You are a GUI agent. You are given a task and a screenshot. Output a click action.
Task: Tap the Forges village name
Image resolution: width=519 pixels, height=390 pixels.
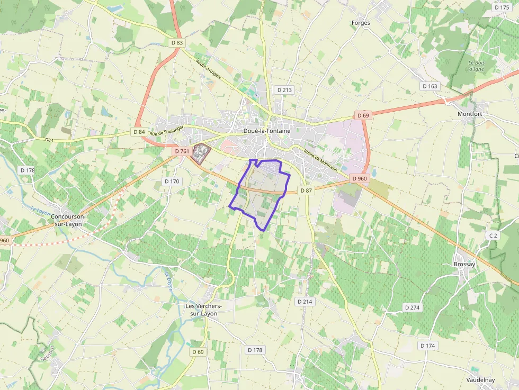(361, 23)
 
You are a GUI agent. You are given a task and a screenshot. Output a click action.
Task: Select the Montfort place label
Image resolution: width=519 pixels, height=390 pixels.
(470, 114)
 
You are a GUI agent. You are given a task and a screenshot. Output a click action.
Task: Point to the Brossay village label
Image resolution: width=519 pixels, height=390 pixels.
(464, 264)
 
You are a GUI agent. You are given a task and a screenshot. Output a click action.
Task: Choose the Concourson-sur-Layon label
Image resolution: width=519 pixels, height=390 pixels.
(70, 220)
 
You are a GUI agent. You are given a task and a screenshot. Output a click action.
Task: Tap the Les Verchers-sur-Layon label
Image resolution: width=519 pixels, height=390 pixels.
(203, 310)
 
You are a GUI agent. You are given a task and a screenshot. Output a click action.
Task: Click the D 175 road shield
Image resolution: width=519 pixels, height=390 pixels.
(501, 7)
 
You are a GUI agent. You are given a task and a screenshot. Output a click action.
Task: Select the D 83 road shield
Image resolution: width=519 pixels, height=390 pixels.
(177, 42)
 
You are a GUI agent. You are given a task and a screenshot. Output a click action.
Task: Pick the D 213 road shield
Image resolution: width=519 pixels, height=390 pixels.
(284, 90)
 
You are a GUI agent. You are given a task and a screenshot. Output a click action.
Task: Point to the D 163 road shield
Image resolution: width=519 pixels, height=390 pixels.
(430, 86)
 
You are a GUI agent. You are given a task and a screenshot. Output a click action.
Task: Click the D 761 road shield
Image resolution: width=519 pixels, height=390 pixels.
(182, 151)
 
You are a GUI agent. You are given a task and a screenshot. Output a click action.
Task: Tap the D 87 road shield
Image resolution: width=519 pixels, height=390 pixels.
(306, 190)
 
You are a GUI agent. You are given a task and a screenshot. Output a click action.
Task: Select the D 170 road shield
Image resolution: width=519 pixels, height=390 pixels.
(172, 181)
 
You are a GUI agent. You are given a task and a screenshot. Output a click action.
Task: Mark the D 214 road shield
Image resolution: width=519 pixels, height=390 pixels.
(305, 301)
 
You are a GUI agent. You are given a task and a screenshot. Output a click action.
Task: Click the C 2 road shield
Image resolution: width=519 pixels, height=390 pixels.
(494, 234)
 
